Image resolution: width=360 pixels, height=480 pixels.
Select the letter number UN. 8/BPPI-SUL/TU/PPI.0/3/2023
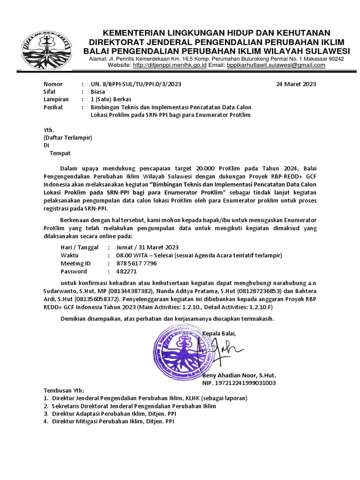(x=135, y=84)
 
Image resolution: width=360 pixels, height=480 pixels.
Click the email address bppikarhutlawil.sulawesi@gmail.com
(x=276, y=65)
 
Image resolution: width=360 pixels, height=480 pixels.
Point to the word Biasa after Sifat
(x=98, y=92)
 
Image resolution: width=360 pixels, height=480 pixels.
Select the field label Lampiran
(x=56, y=99)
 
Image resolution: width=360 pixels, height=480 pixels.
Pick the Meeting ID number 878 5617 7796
(x=136, y=263)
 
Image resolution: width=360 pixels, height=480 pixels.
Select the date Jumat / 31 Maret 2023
(x=147, y=247)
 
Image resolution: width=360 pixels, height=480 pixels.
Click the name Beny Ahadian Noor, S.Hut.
(x=239, y=376)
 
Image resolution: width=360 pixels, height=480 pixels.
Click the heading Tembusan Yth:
(x=63, y=390)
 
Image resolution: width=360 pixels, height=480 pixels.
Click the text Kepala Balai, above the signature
(x=219, y=333)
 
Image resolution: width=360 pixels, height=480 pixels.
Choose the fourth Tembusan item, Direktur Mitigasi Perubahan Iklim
(x=112, y=421)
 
